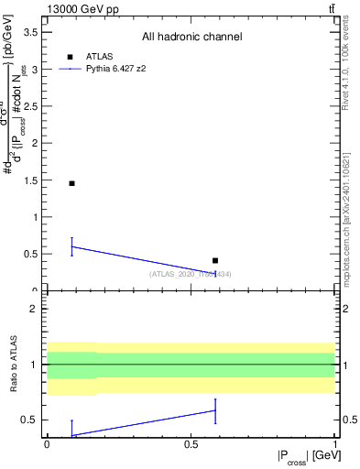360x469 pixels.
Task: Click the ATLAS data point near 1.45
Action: tap(71, 183)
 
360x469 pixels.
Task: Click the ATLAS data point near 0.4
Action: tap(215, 261)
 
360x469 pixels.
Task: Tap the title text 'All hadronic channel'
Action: tap(191, 37)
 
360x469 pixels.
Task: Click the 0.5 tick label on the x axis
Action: tap(190, 443)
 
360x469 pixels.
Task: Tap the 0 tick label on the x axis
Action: tap(47, 443)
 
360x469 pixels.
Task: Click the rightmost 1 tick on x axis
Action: tap(333, 443)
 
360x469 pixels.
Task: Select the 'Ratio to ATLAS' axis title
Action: tap(12, 364)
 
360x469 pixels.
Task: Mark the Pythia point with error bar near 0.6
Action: tap(71, 246)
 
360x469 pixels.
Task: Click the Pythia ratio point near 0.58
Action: tap(215, 409)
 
